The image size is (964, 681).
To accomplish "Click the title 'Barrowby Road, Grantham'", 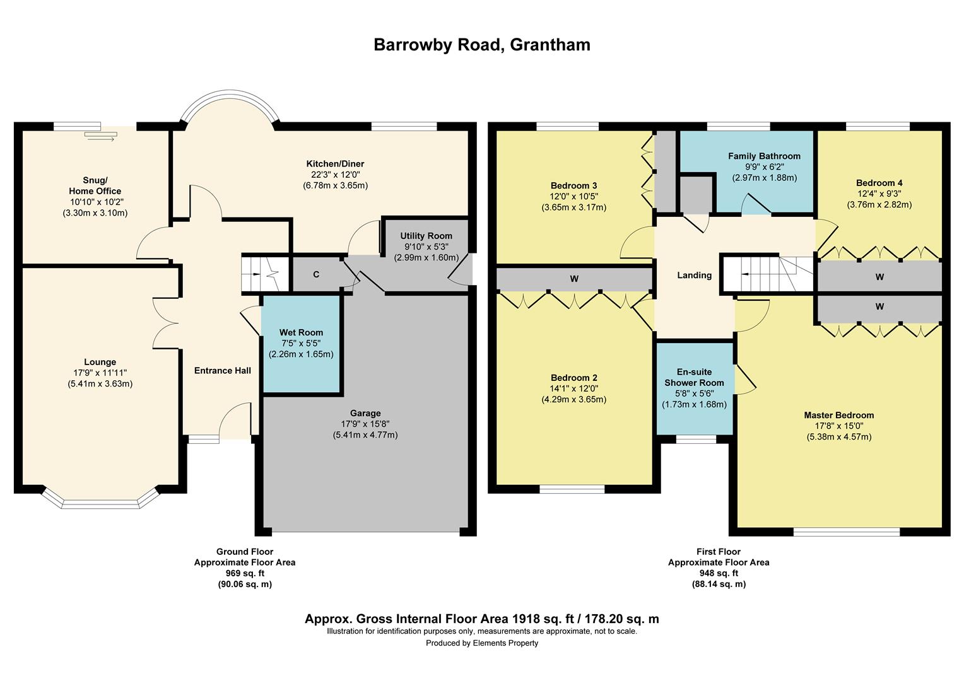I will click(482, 45).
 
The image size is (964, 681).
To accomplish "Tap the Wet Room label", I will click(301, 332).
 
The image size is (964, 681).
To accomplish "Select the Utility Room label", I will click(426, 236).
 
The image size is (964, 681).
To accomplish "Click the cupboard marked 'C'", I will click(316, 274).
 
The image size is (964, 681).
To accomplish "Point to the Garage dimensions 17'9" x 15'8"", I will click(365, 424).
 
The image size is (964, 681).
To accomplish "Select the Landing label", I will click(694, 275).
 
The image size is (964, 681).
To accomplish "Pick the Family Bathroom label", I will click(764, 156).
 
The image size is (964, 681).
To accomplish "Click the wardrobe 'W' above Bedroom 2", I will click(573, 279).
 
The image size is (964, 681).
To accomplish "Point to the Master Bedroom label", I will click(838, 415).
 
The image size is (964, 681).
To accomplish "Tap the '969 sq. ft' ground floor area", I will click(245, 573).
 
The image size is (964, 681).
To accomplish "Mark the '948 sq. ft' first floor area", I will click(719, 573).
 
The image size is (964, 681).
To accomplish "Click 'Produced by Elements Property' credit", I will click(482, 643).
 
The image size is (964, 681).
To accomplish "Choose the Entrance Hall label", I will click(222, 370).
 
